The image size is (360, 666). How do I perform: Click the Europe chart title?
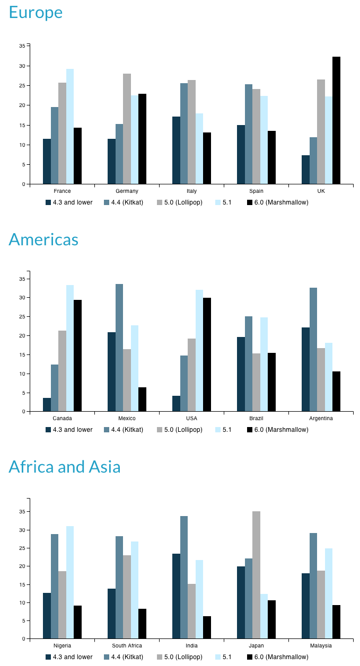pos(36,12)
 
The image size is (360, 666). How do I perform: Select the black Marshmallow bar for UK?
pos(336,120)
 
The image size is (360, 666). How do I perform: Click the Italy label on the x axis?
pos(191,191)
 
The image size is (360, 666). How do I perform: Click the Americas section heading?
pos(43,239)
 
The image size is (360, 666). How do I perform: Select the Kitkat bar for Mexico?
pos(119,348)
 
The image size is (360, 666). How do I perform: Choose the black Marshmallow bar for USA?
pos(207,354)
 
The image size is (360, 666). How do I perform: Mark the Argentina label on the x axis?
pos(321,419)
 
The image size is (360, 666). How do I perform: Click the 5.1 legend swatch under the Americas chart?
pos(218,430)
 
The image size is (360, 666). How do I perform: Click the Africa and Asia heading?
pos(65,467)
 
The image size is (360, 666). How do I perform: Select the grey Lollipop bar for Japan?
pos(256,575)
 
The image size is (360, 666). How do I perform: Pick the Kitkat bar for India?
pos(183,577)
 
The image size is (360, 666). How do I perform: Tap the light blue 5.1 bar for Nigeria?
pos(70,582)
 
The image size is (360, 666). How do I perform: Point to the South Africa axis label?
pos(127,646)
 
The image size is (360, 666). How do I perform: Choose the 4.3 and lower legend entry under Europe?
pos(69,202)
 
